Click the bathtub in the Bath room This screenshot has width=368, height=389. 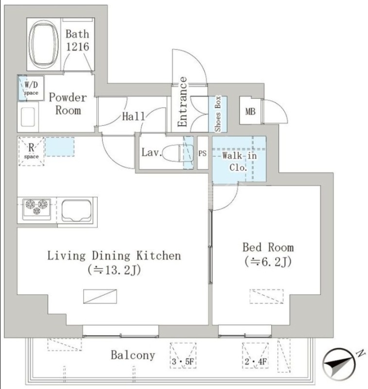[44, 44]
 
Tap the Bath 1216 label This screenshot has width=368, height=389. [77, 40]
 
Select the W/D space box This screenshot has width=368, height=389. [31, 88]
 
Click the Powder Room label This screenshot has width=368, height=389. [68, 104]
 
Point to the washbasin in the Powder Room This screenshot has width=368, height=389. [28, 117]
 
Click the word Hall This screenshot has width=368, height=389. [133, 116]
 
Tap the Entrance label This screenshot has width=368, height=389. [182, 102]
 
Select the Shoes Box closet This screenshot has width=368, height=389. [218, 114]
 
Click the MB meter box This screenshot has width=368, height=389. [250, 111]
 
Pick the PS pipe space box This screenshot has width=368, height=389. [203, 153]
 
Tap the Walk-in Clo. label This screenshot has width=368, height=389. [239, 161]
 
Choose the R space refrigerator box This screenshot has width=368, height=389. [31, 151]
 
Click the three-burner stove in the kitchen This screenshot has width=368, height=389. [36, 209]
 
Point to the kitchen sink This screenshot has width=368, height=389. [76, 211]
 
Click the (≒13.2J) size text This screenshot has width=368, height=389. [114, 270]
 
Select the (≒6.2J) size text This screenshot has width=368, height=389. [268, 262]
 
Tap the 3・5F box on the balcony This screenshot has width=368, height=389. [183, 355]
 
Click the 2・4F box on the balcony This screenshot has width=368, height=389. [255, 355]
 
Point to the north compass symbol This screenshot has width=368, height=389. [340, 363]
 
